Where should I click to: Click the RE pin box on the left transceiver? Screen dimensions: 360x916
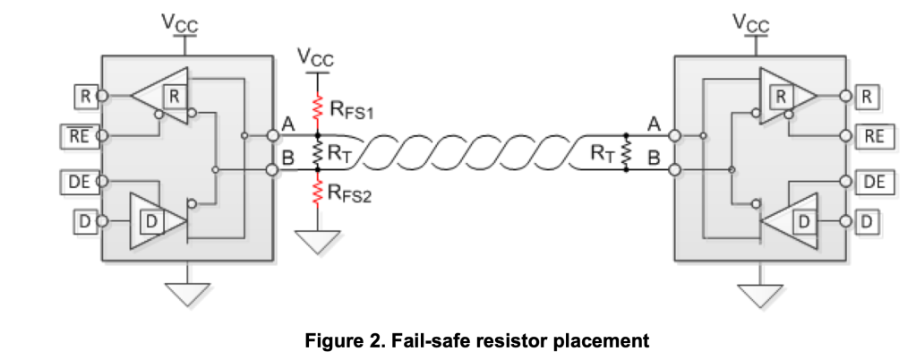78,137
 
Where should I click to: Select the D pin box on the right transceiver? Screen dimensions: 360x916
866,219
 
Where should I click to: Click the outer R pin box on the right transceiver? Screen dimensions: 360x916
866,94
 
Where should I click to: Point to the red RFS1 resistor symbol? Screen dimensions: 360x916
316,108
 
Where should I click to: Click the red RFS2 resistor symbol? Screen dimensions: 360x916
316,191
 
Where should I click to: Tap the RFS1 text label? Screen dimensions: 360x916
352,112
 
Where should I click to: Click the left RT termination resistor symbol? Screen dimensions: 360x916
316,155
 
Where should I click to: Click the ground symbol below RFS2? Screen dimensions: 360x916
316,239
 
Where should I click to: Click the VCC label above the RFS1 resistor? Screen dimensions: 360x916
315,59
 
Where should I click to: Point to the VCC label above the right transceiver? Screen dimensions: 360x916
750,23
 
